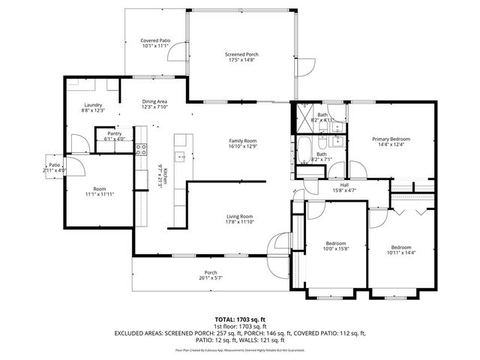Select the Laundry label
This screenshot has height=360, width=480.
click(93, 105)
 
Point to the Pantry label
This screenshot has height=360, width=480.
click(114, 133)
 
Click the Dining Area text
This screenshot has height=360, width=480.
click(154, 101)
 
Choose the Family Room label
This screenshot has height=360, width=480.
click(243, 141)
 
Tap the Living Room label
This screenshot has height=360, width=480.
click(240, 217)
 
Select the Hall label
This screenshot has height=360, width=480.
click(344, 184)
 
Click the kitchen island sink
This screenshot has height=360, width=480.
click(180, 157)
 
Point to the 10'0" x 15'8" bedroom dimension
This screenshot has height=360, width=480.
click(335, 250)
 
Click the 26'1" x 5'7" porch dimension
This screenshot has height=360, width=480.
click(211, 277)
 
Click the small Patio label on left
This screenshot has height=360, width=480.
click(55, 165)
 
